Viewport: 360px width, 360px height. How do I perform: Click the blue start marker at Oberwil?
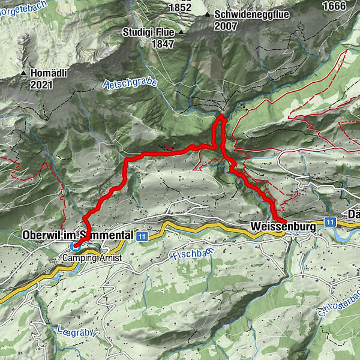75,245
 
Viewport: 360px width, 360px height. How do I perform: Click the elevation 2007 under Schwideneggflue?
226,26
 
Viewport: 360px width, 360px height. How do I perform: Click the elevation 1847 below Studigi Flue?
146,44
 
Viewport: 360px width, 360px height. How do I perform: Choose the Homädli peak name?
51,73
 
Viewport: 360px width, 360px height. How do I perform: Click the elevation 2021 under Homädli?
41,85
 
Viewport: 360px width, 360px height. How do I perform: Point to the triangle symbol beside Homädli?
24,73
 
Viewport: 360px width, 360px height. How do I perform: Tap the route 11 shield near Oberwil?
142,236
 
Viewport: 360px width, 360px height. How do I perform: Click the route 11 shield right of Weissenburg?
330,222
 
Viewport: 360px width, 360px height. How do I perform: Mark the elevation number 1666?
334,6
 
